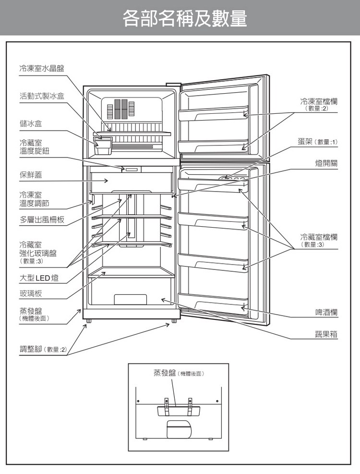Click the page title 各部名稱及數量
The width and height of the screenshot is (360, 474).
(185, 18)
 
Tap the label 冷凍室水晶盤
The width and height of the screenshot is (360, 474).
(42, 69)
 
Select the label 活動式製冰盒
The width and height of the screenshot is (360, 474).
(42, 96)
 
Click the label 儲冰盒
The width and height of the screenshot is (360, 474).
(31, 123)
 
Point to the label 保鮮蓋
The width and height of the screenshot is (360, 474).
(31, 175)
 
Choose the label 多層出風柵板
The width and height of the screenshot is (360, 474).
(42, 219)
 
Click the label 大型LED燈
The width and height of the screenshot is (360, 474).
(39, 278)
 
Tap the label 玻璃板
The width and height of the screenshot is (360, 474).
(31, 293)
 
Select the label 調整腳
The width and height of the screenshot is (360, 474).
(31, 349)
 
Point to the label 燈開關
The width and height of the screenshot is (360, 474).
(326, 163)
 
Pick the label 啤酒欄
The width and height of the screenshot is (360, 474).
(326, 312)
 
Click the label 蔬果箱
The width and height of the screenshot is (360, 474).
(326, 334)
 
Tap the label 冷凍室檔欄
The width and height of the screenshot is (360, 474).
(319, 101)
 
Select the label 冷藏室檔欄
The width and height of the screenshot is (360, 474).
(319, 237)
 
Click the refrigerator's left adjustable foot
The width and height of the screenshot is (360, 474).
(88, 321)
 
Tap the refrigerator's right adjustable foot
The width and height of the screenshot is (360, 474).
(174, 321)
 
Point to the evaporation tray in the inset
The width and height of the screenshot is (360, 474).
(179, 411)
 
